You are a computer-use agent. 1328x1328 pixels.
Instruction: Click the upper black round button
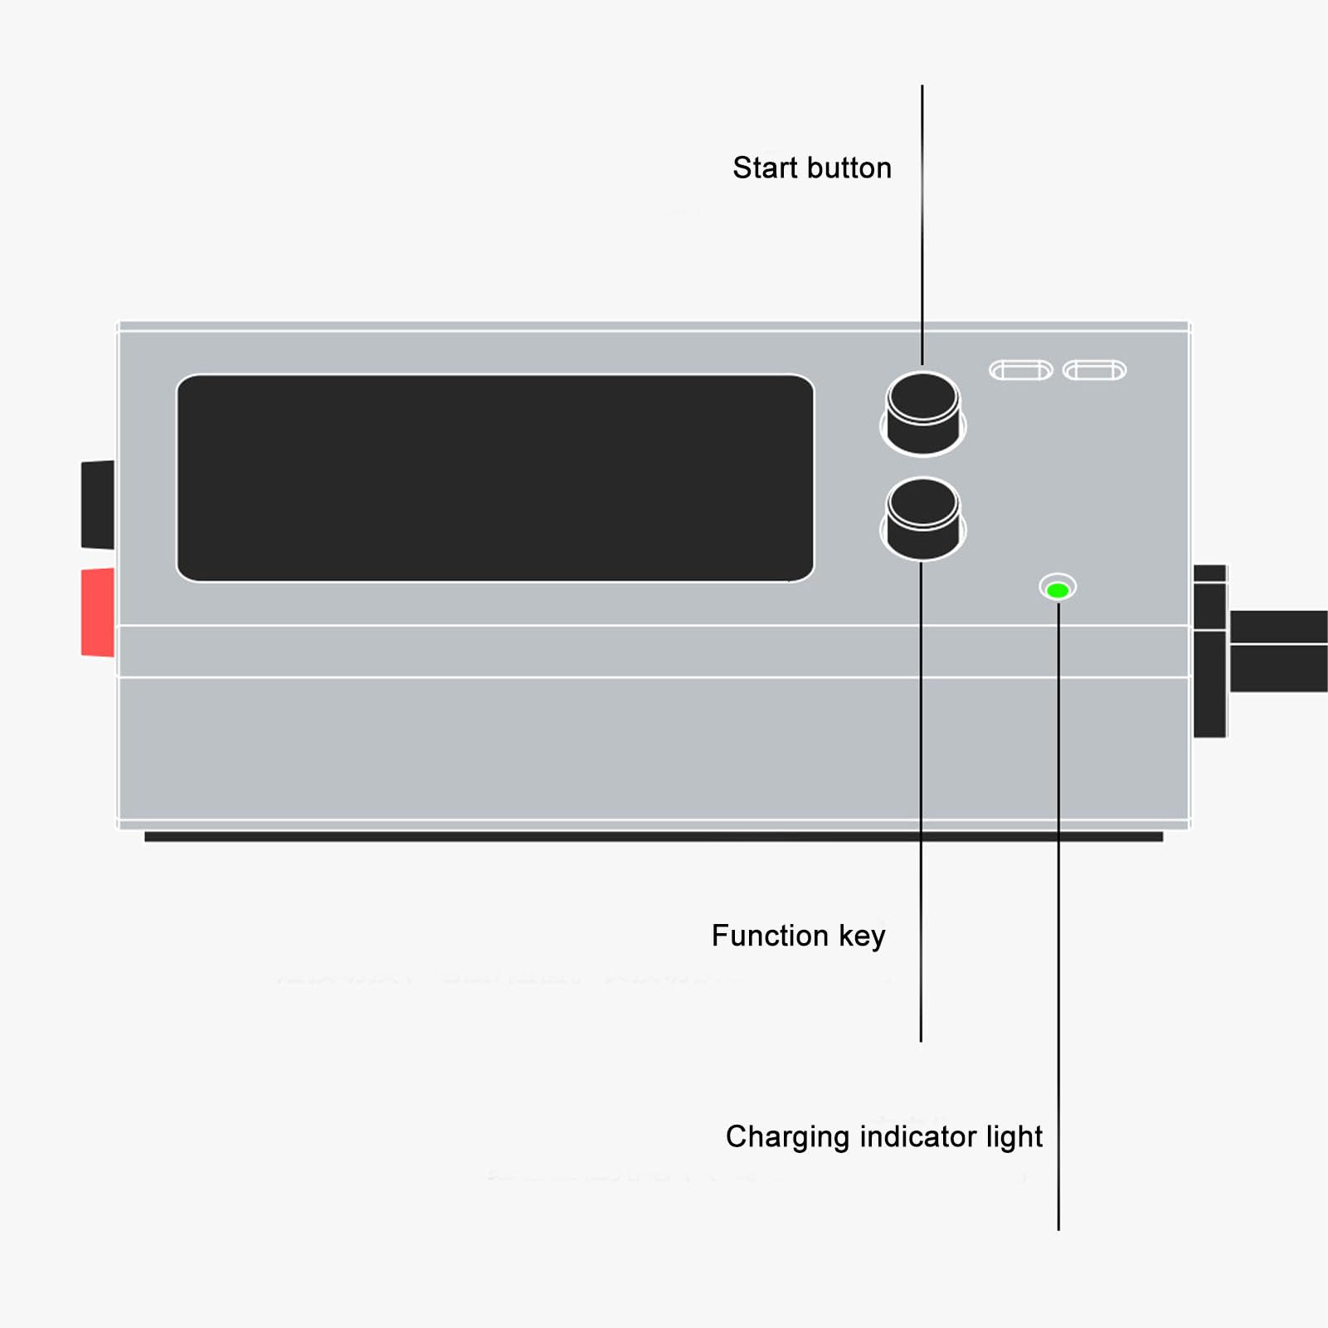click(x=922, y=412)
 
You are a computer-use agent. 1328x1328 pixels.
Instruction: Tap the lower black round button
click(x=922, y=517)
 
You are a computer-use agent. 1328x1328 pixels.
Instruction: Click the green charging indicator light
click(x=1058, y=590)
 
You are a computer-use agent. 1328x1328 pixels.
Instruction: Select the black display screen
click(x=495, y=478)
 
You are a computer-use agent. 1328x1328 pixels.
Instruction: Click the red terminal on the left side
click(x=98, y=612)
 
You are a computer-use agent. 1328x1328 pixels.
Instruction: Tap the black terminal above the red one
click(x=98, y=504)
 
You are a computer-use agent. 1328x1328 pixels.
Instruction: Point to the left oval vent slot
click(x=1021, y=370)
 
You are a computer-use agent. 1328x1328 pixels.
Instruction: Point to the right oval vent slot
click(x=1095, y=370)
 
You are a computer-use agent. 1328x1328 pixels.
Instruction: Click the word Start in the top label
click(x=765, y=168)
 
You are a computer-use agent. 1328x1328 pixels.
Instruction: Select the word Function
click(x=770, y=936)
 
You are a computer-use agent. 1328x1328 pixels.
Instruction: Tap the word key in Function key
click(x=862, y=936)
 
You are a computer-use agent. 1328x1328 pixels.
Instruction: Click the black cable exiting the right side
click(x=1278, y=651)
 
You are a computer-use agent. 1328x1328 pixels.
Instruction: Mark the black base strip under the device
click(x=654, y=837)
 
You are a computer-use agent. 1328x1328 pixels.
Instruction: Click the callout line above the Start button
click(x=922, y=224)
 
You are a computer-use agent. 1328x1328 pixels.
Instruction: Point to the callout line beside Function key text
click(x=921, y=800)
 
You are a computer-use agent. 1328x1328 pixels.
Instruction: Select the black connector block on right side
click(x=1210, y=651)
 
